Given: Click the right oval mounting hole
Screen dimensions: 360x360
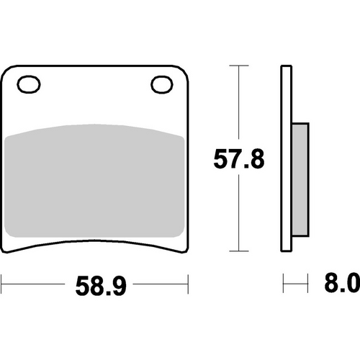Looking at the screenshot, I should pyautogui.click(x=160, y=85).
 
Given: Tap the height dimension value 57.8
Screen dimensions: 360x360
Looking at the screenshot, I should pyautogui.click(x=238, y=158).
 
